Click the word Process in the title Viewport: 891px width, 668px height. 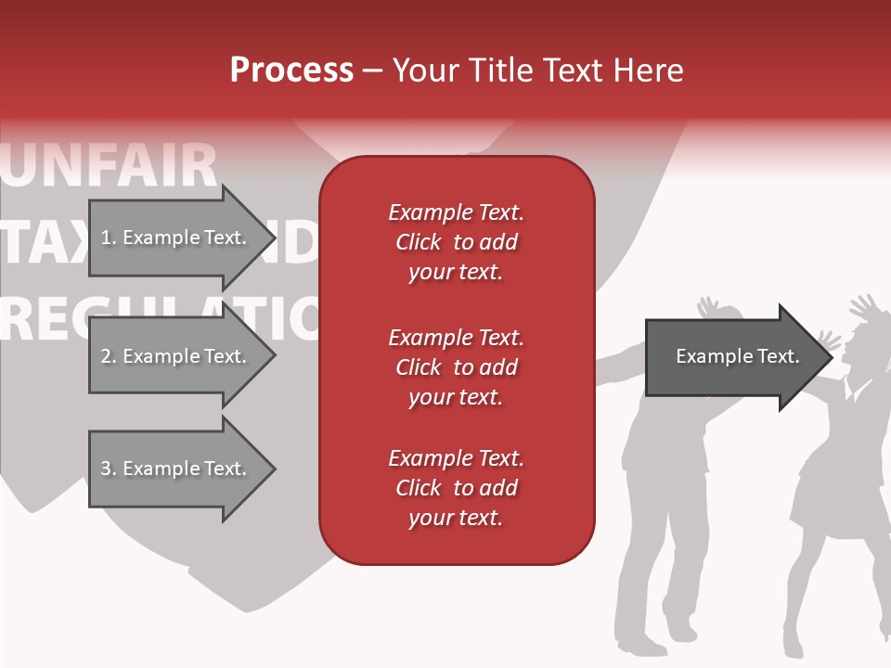(x=291, y=70)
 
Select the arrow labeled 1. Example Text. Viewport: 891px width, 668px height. (x=176, y=238)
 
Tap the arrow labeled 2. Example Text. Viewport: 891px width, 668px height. (x=176, y=356)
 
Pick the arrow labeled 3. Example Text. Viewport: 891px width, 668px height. (x=176, y=469)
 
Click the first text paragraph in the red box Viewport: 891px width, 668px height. (x=456, y=242)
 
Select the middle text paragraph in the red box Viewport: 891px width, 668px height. (x=456, y=366)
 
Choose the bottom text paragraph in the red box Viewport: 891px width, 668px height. (x=456, y=488)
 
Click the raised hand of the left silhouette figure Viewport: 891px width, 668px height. (x=709, y=307)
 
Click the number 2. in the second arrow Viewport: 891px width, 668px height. (x=107, y=356)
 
